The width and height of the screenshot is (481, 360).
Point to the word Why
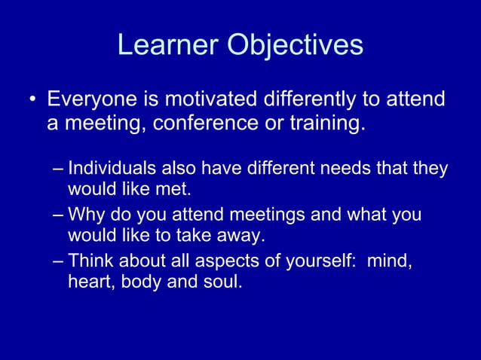[x=83, y=216]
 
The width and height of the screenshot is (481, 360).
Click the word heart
[x=88, y=284]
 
